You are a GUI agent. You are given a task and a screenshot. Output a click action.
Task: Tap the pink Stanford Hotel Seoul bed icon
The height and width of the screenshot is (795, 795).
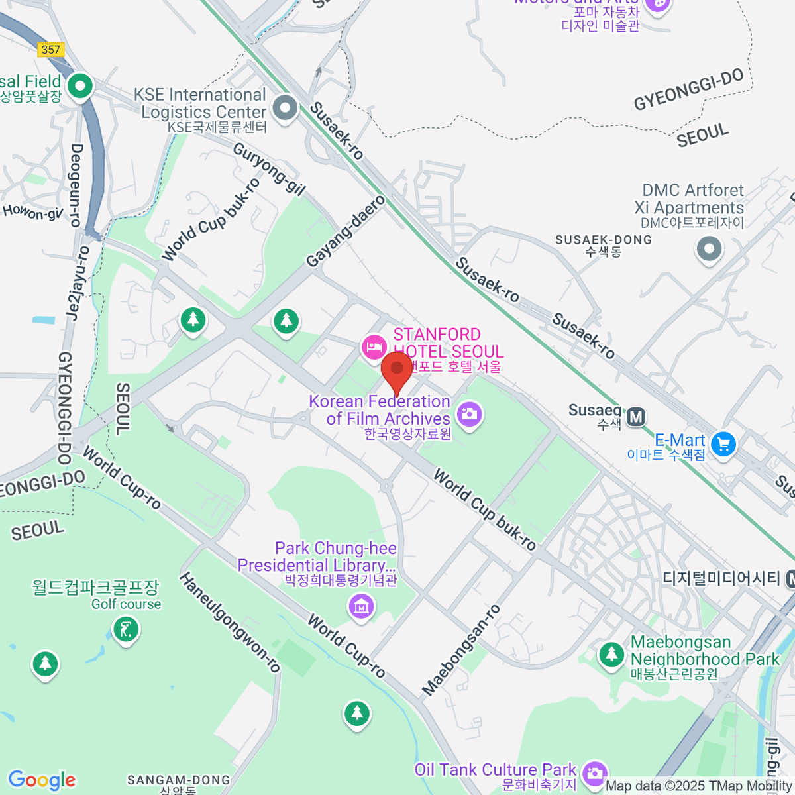tap(374, 346)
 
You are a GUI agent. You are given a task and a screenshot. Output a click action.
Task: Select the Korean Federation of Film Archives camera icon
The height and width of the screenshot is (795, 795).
tap(469, 415)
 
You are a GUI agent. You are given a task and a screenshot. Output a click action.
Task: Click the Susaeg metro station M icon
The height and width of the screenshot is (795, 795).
tap(636, 417)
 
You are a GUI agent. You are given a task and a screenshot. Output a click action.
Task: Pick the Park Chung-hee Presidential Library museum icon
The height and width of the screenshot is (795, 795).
tap(361, 606)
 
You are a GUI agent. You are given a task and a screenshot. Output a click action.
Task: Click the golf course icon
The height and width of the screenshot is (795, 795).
tap(126, 629)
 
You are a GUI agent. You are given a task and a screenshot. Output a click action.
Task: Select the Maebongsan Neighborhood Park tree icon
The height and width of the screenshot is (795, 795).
tap(611, 655)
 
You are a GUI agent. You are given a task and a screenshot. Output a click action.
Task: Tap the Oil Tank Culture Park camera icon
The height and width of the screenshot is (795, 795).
tap(594, 772)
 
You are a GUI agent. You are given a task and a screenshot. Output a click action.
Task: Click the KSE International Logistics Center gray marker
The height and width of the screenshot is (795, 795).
tap(286, 108)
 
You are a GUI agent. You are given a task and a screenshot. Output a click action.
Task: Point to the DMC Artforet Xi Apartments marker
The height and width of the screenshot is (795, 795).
tap(709, 250)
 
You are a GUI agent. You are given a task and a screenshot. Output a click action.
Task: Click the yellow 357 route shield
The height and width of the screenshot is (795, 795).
tap(51, 50)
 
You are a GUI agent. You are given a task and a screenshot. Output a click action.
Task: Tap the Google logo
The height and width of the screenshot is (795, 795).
tap(42, 780)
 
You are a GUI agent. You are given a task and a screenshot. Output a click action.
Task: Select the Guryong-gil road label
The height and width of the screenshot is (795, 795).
tap(269, 169)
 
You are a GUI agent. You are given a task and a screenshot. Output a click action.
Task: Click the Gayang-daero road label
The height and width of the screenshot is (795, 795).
tap(345, 231)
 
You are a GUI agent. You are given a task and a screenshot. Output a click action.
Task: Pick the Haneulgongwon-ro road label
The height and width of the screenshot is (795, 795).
tap(229, 623)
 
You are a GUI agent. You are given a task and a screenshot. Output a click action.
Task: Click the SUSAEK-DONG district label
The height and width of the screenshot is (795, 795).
tap(603, 240)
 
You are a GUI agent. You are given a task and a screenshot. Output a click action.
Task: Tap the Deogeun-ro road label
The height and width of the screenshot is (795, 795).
tap(76, 185)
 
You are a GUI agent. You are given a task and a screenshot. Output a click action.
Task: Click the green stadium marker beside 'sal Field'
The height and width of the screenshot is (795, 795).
tap(81, 86)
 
